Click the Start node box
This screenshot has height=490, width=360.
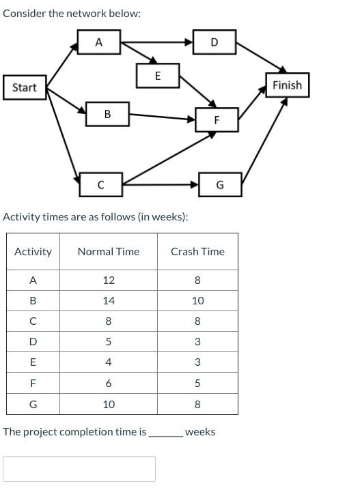tap(25, 87)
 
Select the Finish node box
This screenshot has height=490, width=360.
tap(287, 85)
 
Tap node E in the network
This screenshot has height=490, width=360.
tap(158, 76)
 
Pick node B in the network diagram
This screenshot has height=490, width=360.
tap(108, 114)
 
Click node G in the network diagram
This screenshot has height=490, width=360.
tap(219, 184)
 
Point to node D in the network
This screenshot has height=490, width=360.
tap(214, 42)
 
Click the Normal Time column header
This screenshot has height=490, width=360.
tap(108, 252)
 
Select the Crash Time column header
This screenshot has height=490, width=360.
tap(197, 252)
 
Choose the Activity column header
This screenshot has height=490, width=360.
tap(33, 252)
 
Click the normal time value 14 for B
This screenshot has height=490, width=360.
tap(108, 300)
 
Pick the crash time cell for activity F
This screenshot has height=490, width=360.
tap(197, 384)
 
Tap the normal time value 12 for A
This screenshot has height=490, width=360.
tap(108, 280)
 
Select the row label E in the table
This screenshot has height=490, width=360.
tap(33, 363)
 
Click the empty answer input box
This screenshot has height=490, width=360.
tap(79, 469)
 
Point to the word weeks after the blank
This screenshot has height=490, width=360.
tap(200, 432)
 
